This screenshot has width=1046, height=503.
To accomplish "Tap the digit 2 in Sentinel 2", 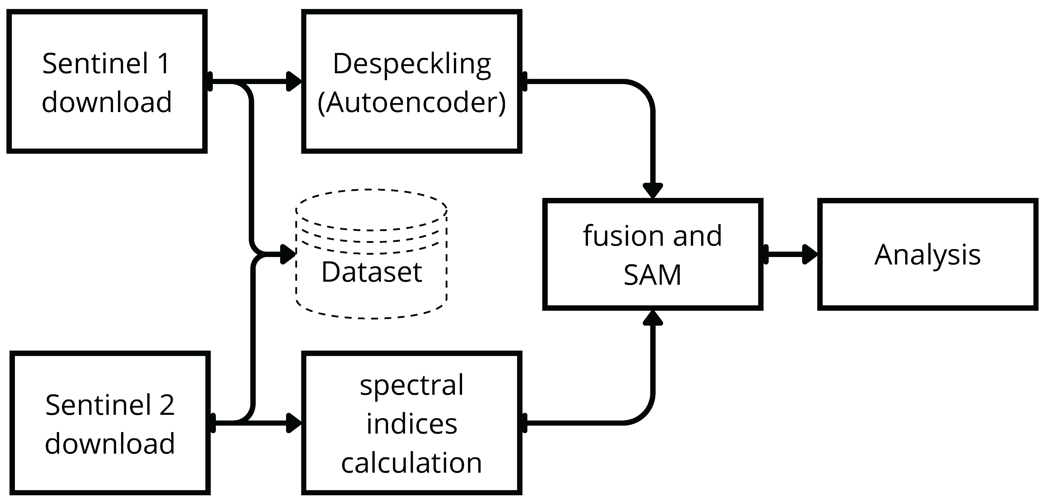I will [167, 405].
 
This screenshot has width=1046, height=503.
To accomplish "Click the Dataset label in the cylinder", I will [372, 272].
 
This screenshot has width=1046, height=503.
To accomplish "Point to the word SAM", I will [652, 275].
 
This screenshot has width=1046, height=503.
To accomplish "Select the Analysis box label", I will [928, 255].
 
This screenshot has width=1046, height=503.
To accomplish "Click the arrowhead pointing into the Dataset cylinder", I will [288, 254].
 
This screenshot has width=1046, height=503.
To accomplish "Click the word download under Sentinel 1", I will [107, 102].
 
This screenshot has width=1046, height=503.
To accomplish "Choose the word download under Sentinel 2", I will [110, 443].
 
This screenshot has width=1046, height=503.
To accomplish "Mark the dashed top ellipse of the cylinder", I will [372, 190].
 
